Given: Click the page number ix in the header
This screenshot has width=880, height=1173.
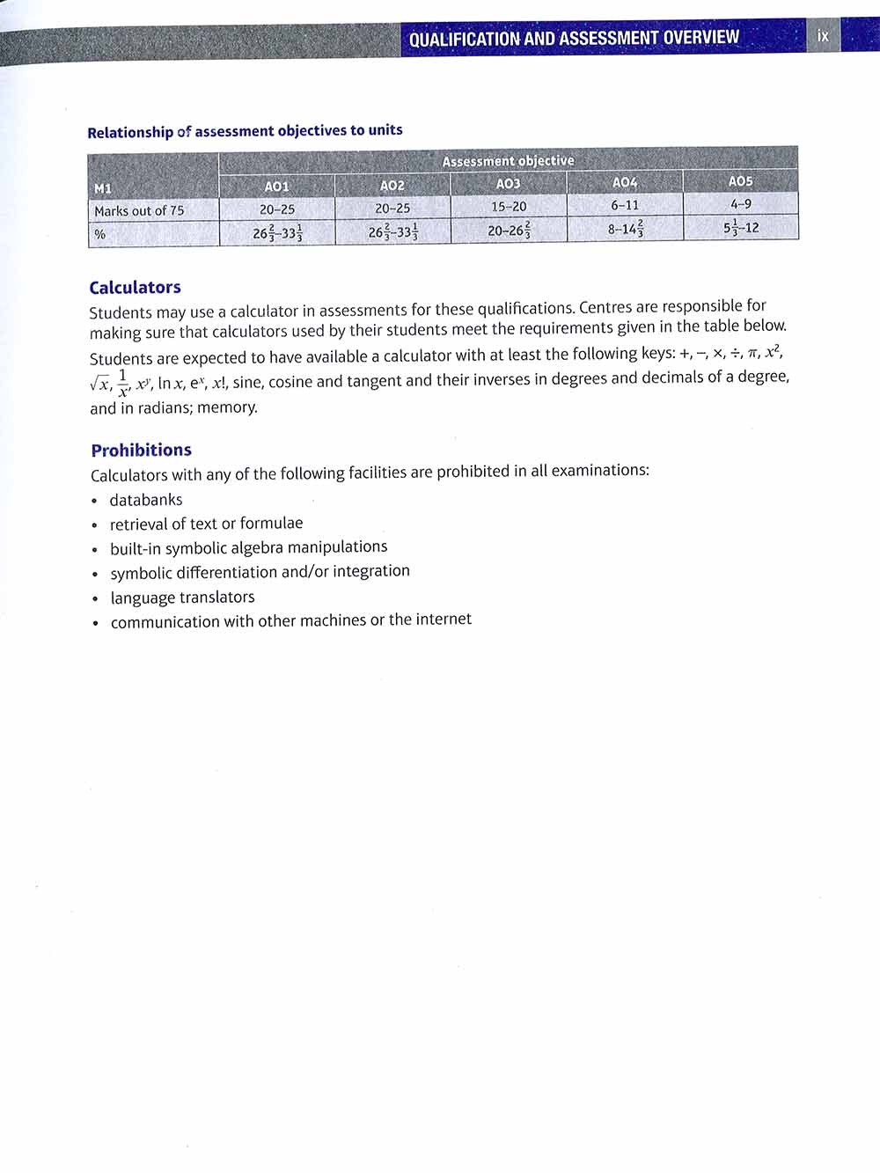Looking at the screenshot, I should coord(823,36).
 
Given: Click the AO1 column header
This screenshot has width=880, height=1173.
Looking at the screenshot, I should coord(276,187).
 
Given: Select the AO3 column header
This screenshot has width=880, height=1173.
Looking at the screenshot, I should coord(508,184).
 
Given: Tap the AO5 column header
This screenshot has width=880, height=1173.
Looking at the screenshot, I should coord(740,181).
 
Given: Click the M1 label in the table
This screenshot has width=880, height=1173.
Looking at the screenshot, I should coord(103,188).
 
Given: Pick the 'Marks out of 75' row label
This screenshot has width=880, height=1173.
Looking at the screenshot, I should coord(139,211).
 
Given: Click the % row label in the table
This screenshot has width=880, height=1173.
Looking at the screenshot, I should coord(100,234).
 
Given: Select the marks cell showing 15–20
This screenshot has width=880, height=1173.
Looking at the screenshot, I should coord(509,207).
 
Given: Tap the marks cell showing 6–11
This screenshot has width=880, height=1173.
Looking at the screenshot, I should coord(625,205).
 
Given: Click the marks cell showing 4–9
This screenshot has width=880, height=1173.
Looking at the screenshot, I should coord(740,204).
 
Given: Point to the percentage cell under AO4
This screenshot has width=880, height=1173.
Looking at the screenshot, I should coord(625,229).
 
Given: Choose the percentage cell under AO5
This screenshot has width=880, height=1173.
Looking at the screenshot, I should coord(740,227).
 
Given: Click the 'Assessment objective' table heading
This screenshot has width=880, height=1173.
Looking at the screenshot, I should coord(508,161).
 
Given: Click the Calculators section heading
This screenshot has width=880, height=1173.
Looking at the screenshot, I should coord(135,288).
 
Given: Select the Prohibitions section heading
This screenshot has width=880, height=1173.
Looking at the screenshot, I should coord(141,451).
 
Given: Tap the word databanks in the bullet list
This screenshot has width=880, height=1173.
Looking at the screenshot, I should coord(146,500).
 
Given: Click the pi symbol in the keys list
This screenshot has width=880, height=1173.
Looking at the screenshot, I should coord(753,354).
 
